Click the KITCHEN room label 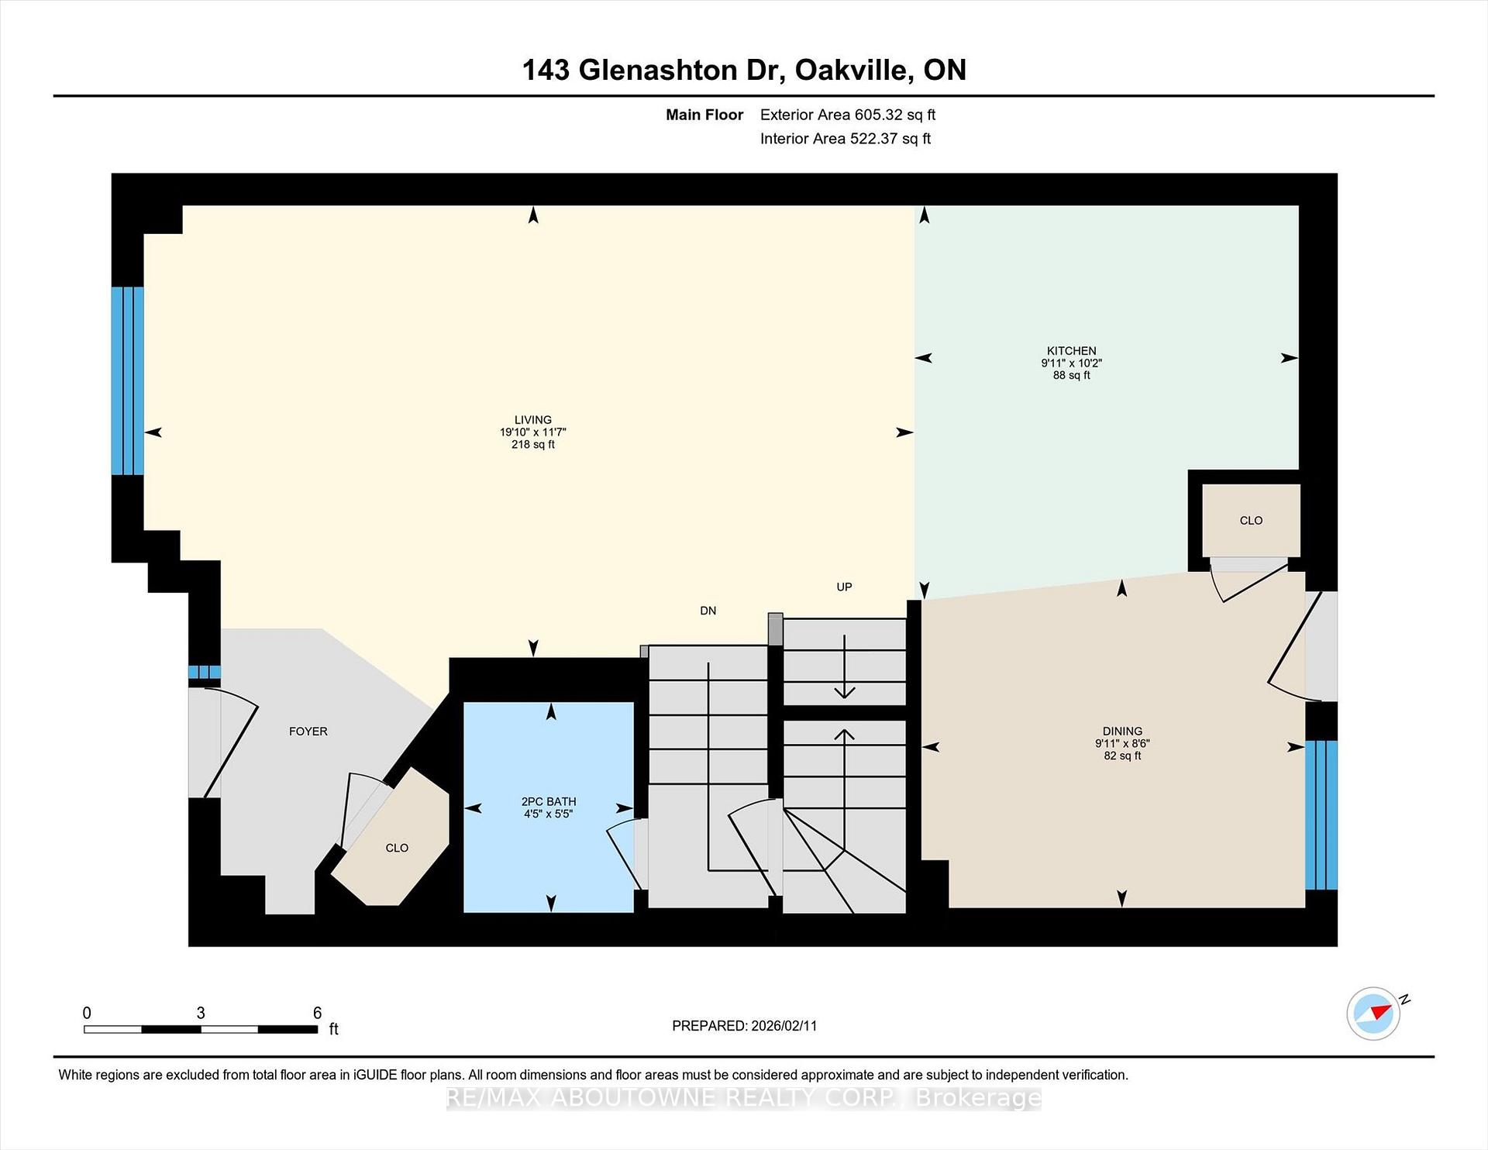coord(1071,351)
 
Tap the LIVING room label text coord(532,420)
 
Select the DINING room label coord(1121,731)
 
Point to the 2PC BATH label coord(548,801)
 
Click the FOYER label coord(308,732)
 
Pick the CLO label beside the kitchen coord(1250,521)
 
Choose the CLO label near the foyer coord(396,848)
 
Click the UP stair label coord(844,587)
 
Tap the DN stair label coord(708,611)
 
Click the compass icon coord(1374,1013)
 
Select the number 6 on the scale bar coord(317,1013)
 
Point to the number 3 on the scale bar coord(201,1013)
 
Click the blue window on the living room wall coord(127,380)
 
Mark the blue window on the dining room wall coord(1321,814)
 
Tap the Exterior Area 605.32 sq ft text coord(847,115)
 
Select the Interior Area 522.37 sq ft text coord(845,139)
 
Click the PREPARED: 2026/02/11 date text coord(744,1026)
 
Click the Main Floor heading coord(704,115)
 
